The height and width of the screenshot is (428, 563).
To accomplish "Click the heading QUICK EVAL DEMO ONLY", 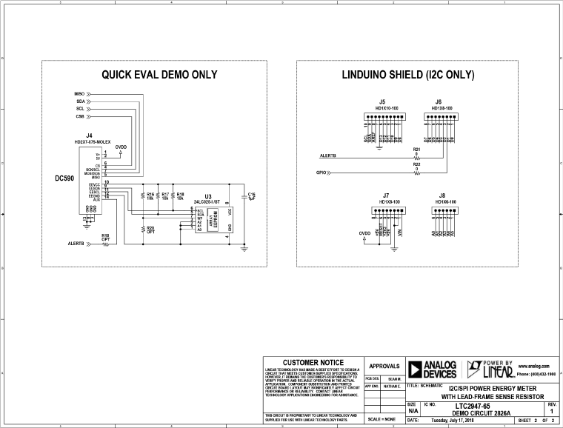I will coord(159,75).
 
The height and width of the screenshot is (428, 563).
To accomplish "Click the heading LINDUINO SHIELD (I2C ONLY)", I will coord(408,75).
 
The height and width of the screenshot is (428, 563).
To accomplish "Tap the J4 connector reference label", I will coord(89,136).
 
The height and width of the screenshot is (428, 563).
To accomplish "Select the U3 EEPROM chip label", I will coord(208,196).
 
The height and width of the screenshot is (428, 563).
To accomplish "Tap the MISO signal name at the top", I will coord(80,93).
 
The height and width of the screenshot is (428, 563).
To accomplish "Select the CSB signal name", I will coord(80,116).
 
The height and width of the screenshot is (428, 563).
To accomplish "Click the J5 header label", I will coord(382,101).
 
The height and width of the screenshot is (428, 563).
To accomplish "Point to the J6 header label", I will coord(439,101).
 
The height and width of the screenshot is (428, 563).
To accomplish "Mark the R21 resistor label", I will coord(416,149).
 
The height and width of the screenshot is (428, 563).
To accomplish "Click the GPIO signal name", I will coord(322,173).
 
